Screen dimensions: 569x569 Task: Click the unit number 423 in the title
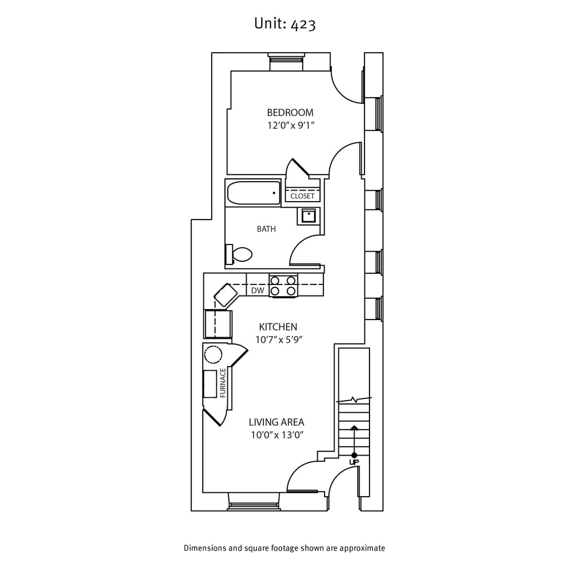pyautogui.click(x=303, y=24)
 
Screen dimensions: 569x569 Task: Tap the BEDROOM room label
pyautogui.click(x=290, y=112)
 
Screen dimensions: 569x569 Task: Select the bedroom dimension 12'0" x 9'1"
pyautogui.click(x=291, y=126)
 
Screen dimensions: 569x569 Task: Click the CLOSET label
pyautogui.click(x=302, y=196)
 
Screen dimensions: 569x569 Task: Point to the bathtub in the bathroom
pyautogui.click(x=254, y=193)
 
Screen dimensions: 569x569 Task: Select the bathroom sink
pyautogui.click(x=308, y=215)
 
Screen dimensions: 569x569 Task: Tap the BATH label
pyautogui.click(x=266, y=229)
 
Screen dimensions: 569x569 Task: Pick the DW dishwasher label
pyautogui.click(x=257, y=291)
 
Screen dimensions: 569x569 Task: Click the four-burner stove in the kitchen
pyautogui.click(x=283, y=286)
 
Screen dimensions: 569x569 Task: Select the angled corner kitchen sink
pyautogui.click(x=226, y=295)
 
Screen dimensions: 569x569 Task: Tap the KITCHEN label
pyautogui.click(x=278, y=327)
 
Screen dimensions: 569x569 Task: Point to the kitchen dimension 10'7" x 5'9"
pyautogui.click(x=278, y=340)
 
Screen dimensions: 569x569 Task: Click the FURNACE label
pyautogui.click(x=223, y=383)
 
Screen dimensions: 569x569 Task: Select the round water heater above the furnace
pyautogui.click(x=213, y=354)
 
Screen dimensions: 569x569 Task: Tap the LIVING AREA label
pyautogui.click(x=276, y=422)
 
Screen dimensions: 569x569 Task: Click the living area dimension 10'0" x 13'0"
pyautogui.click(x=276, y=435)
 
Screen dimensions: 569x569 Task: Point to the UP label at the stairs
pyautogui.click(x=354, y=462)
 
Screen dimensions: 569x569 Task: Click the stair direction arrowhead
pyautogui.click(x=354, y=427)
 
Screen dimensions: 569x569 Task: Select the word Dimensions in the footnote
pyautogui.click(x=206, y=548)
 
